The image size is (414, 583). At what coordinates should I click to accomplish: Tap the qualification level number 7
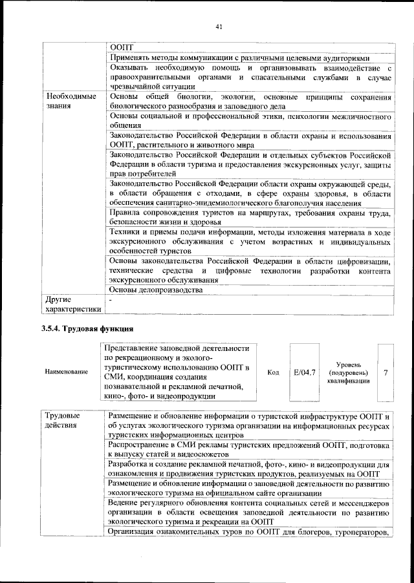click(385, 372)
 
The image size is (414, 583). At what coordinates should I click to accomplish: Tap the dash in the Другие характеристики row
click(111, 300)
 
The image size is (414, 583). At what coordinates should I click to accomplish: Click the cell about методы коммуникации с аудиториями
click(248, 57)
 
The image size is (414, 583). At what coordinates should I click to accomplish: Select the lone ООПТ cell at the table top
click(121, 47)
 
